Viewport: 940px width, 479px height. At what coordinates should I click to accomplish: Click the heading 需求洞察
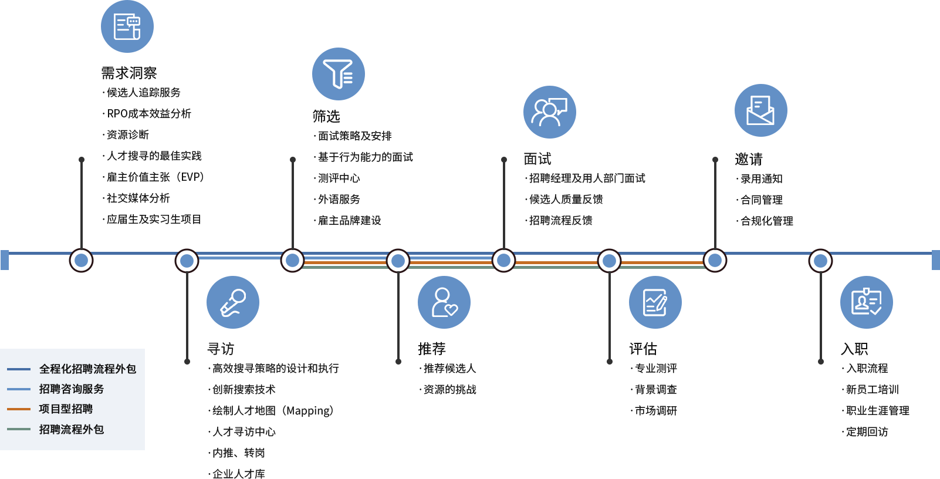[x=129, y=73]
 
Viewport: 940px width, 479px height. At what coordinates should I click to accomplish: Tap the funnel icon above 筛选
[x=338, y=74]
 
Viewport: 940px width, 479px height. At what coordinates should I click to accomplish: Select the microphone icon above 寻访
[x=233, y=302]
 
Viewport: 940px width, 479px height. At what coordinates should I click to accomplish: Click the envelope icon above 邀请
[x=761, y=110]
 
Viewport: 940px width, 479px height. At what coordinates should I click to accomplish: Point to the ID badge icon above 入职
[x=867, y=302]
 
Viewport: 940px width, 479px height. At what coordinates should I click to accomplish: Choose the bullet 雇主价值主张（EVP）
[x=153, y=177]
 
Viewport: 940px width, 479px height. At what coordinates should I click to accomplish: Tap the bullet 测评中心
[x=337, y=178]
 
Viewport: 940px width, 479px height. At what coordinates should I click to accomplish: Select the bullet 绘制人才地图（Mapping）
[x=271, y=410]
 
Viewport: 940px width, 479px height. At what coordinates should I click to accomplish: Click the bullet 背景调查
[x=654, y=390]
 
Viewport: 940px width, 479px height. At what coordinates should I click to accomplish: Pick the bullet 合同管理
[x=759, y=200]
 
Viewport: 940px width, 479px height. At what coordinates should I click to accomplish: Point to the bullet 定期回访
[x=865, y=432]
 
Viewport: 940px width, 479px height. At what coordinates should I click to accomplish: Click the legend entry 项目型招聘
[x=66, y=409]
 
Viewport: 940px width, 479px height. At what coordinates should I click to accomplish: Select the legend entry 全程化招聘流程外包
[x=87, y=369]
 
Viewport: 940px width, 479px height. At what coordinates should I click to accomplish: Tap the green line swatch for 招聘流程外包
[x=19, y=429]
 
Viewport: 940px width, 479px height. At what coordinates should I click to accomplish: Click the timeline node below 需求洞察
[x=81, y=261]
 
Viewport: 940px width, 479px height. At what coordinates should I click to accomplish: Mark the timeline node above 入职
[x=820, y=261]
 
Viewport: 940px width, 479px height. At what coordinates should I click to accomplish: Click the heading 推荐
[x=432, y=349]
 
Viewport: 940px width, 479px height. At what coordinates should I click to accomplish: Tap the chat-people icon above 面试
[x=550, y=112]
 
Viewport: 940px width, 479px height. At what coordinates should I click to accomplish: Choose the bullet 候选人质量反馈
[x=564, y=200]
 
